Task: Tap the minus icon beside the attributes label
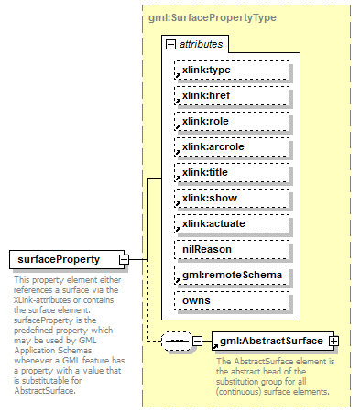pyautogui.click(x=170, y=44)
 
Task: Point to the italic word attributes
pyautogui.click(x=200, y=44)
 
